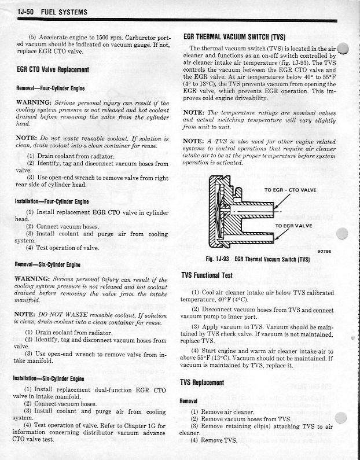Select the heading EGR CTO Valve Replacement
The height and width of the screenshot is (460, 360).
pyautogui.click(x=53, y=70)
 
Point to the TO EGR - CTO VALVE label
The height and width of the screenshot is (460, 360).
pyautogui.click(x=291, y=190)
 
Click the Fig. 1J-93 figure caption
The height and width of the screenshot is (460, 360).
pyautogui.click(x=258, y=259)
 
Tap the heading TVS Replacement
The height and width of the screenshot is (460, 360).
pyautogui.click(x=202, y=382)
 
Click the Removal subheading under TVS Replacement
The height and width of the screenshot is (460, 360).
pyautogui.click(x=189, y=400)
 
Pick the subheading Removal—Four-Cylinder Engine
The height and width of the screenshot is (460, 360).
pyautogui.click(x=50, y=89)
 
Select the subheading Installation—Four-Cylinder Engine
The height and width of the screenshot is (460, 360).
pyautogui.click(x=52, y=201)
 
